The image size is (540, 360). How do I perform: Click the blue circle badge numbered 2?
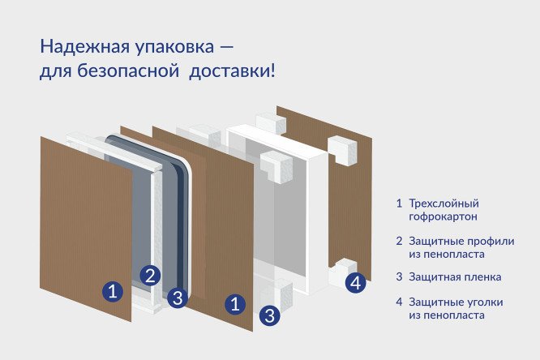(x=149, y=275)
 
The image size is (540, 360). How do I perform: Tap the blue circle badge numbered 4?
(x=354, y=283)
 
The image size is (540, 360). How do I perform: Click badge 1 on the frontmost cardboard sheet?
(x=114, y=290)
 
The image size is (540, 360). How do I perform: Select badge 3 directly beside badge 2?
(x=178, y=297)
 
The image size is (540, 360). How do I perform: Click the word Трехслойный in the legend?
(x=444, y=204)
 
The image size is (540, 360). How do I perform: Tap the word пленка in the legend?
(x=480, y=276)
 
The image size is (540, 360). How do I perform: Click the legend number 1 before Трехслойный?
(x=399, y=204)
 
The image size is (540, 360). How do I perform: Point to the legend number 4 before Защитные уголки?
(x=399, y=302)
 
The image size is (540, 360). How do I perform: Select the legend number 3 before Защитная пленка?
(x=399, y=276)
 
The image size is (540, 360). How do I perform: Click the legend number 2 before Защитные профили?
(x=399, y=241)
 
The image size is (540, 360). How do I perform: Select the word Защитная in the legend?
(x=435, y=276)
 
